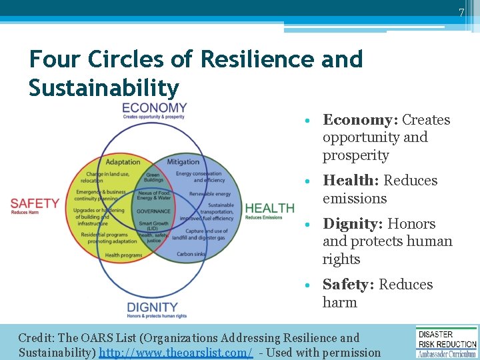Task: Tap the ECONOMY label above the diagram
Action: pos(154,108)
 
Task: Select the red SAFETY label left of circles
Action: pos(35,203)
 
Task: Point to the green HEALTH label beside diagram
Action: pos(269,209)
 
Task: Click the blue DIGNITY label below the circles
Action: pos(153,307)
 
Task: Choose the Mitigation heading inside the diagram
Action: pos(183,162)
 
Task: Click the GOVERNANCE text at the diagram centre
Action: pos(154,211)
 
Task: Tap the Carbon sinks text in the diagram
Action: pos(191,254)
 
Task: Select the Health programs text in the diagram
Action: pos(123,255)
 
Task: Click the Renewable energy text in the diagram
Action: pos(209,194)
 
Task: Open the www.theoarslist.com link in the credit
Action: pos(176,352)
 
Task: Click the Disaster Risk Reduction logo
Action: pos(447,341)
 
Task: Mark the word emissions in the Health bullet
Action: pos(355,199)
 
